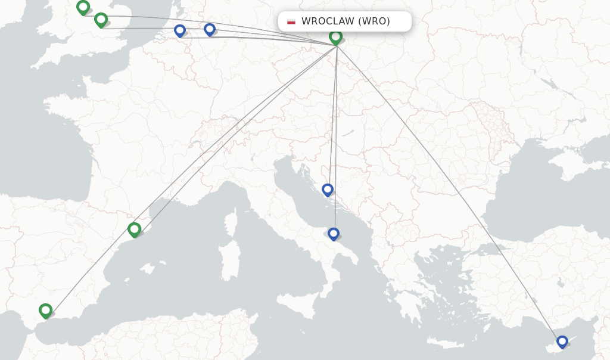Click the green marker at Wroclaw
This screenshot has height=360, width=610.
point(336,37)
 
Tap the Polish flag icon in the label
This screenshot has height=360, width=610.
point(291,21)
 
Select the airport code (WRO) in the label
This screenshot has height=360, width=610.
point(374,21)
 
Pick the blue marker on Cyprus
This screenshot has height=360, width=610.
point(562,342)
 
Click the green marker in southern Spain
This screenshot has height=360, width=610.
point(46,310)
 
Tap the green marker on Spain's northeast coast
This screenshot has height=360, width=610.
point(134,229)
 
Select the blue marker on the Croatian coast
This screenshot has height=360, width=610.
point(328,190)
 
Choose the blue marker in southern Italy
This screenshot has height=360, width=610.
point(334,234)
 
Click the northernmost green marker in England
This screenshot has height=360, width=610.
point(83,7)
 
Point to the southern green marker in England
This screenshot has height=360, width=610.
point(101,20)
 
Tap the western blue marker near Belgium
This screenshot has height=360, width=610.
point(180,30)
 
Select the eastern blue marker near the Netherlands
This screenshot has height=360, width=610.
point(210,29)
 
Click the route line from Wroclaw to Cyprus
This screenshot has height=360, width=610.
point(453,197)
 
